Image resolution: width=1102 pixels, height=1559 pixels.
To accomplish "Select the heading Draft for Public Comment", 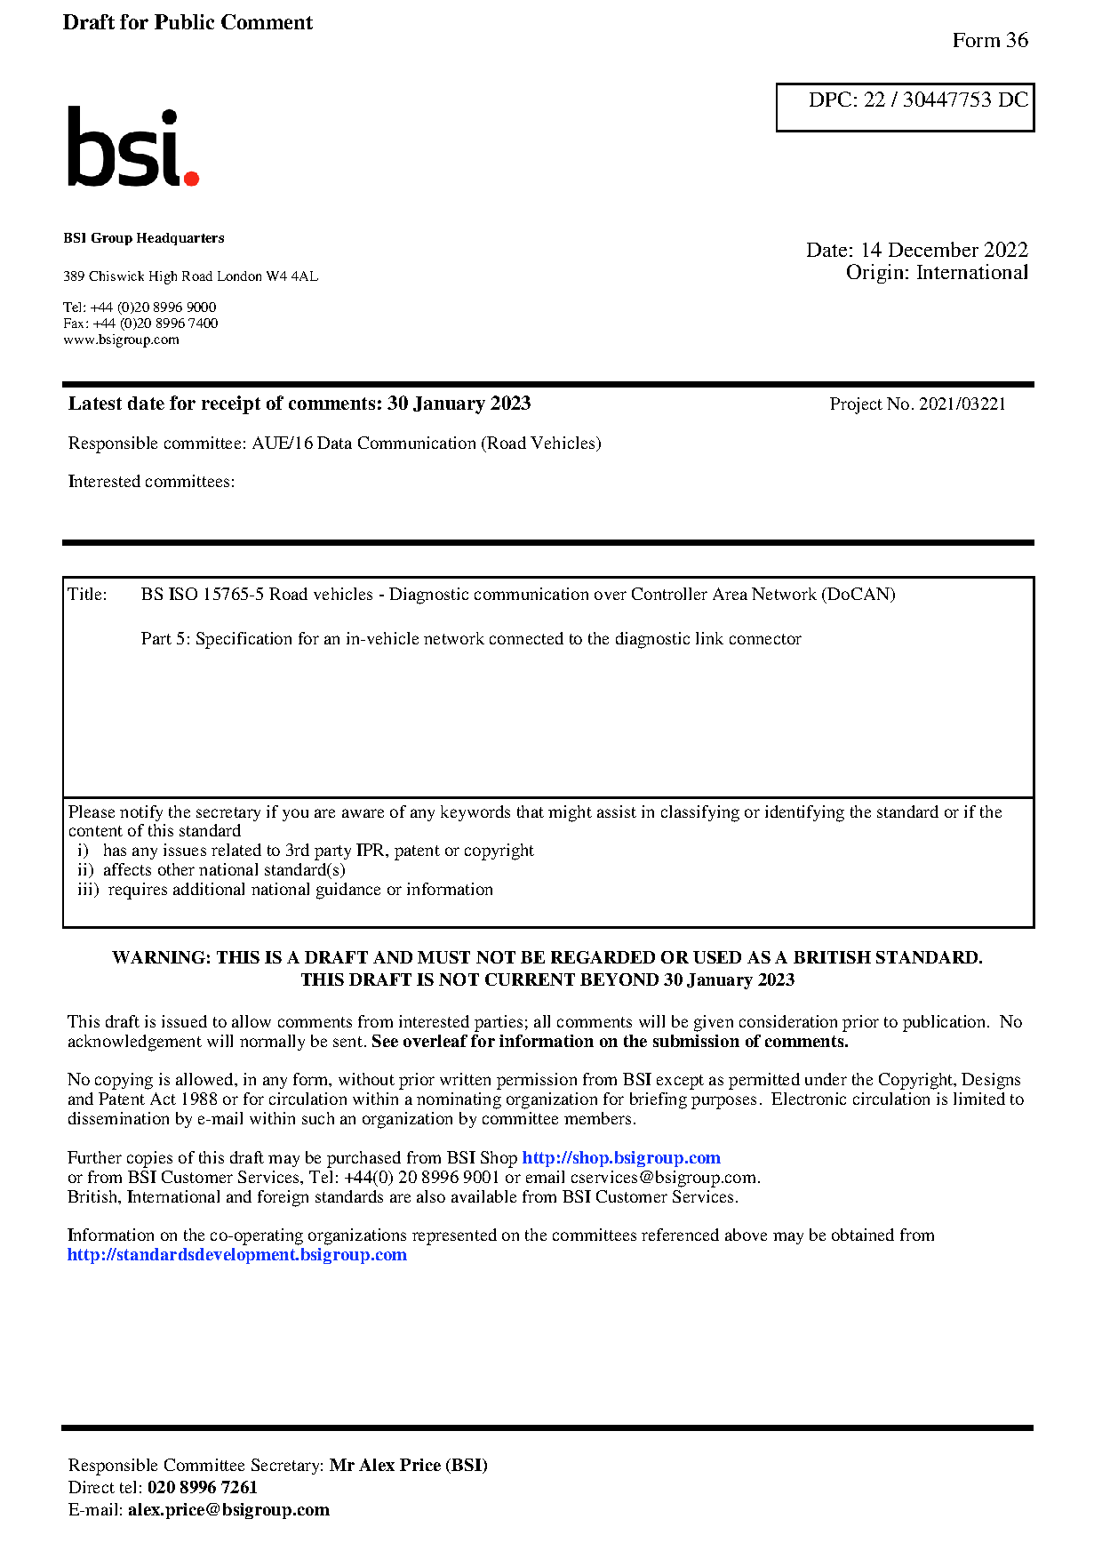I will point(188,22).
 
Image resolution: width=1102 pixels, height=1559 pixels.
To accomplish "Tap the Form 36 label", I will point(989,40).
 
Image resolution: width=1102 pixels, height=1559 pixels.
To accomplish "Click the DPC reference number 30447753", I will point(946,100).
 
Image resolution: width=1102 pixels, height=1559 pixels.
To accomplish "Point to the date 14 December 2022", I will point(944,250).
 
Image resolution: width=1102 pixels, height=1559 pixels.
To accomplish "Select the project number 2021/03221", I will point(962,404).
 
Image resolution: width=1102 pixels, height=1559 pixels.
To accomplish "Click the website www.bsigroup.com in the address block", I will point(121,340).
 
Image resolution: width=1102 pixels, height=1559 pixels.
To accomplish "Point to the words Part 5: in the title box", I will point(165,639).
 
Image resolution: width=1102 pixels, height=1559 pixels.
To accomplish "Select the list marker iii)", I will point(88,890).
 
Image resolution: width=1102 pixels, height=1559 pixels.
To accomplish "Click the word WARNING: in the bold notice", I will point(161,957).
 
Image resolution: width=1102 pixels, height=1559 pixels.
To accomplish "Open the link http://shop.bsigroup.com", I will point(620,1157).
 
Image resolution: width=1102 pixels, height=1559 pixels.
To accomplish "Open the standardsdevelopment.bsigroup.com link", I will point(237,1255).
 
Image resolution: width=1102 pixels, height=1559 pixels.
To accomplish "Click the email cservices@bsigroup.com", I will point(664,1178).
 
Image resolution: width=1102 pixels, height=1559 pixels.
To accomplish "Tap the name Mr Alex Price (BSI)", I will point(408,1465).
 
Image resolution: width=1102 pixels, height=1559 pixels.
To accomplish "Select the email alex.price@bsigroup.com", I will point(228,1509).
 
